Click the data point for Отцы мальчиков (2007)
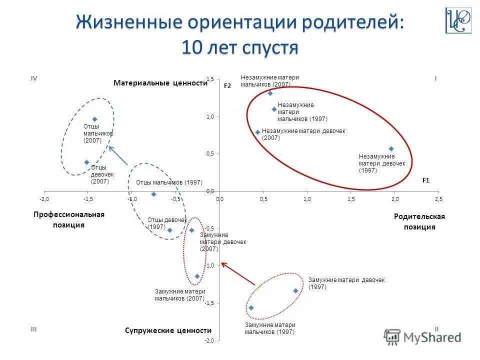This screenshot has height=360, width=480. coord(94,119)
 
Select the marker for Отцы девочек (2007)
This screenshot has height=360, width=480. coord(86,162)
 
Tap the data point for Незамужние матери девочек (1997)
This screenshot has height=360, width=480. coord(391,148)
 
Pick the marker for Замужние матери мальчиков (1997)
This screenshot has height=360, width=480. coord(251,307)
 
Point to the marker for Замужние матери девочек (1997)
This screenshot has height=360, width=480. coord(295,290)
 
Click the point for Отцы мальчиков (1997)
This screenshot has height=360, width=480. coord(153,194)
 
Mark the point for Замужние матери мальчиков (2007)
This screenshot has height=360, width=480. coord(197,276)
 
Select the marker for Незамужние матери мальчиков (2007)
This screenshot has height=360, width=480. coord(270,93)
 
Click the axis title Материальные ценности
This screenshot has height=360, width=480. coord(160,83)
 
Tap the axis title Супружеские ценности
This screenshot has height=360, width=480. coord(168,330)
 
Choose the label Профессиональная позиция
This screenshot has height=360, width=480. coord(69,219)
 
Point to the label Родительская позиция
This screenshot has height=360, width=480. coord(419,221)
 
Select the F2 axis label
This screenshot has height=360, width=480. coord(227,86)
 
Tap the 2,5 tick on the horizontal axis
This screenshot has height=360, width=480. coord(438,199)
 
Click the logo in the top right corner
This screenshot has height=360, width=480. coord(458,20)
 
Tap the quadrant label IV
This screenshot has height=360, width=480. coord(34,78)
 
